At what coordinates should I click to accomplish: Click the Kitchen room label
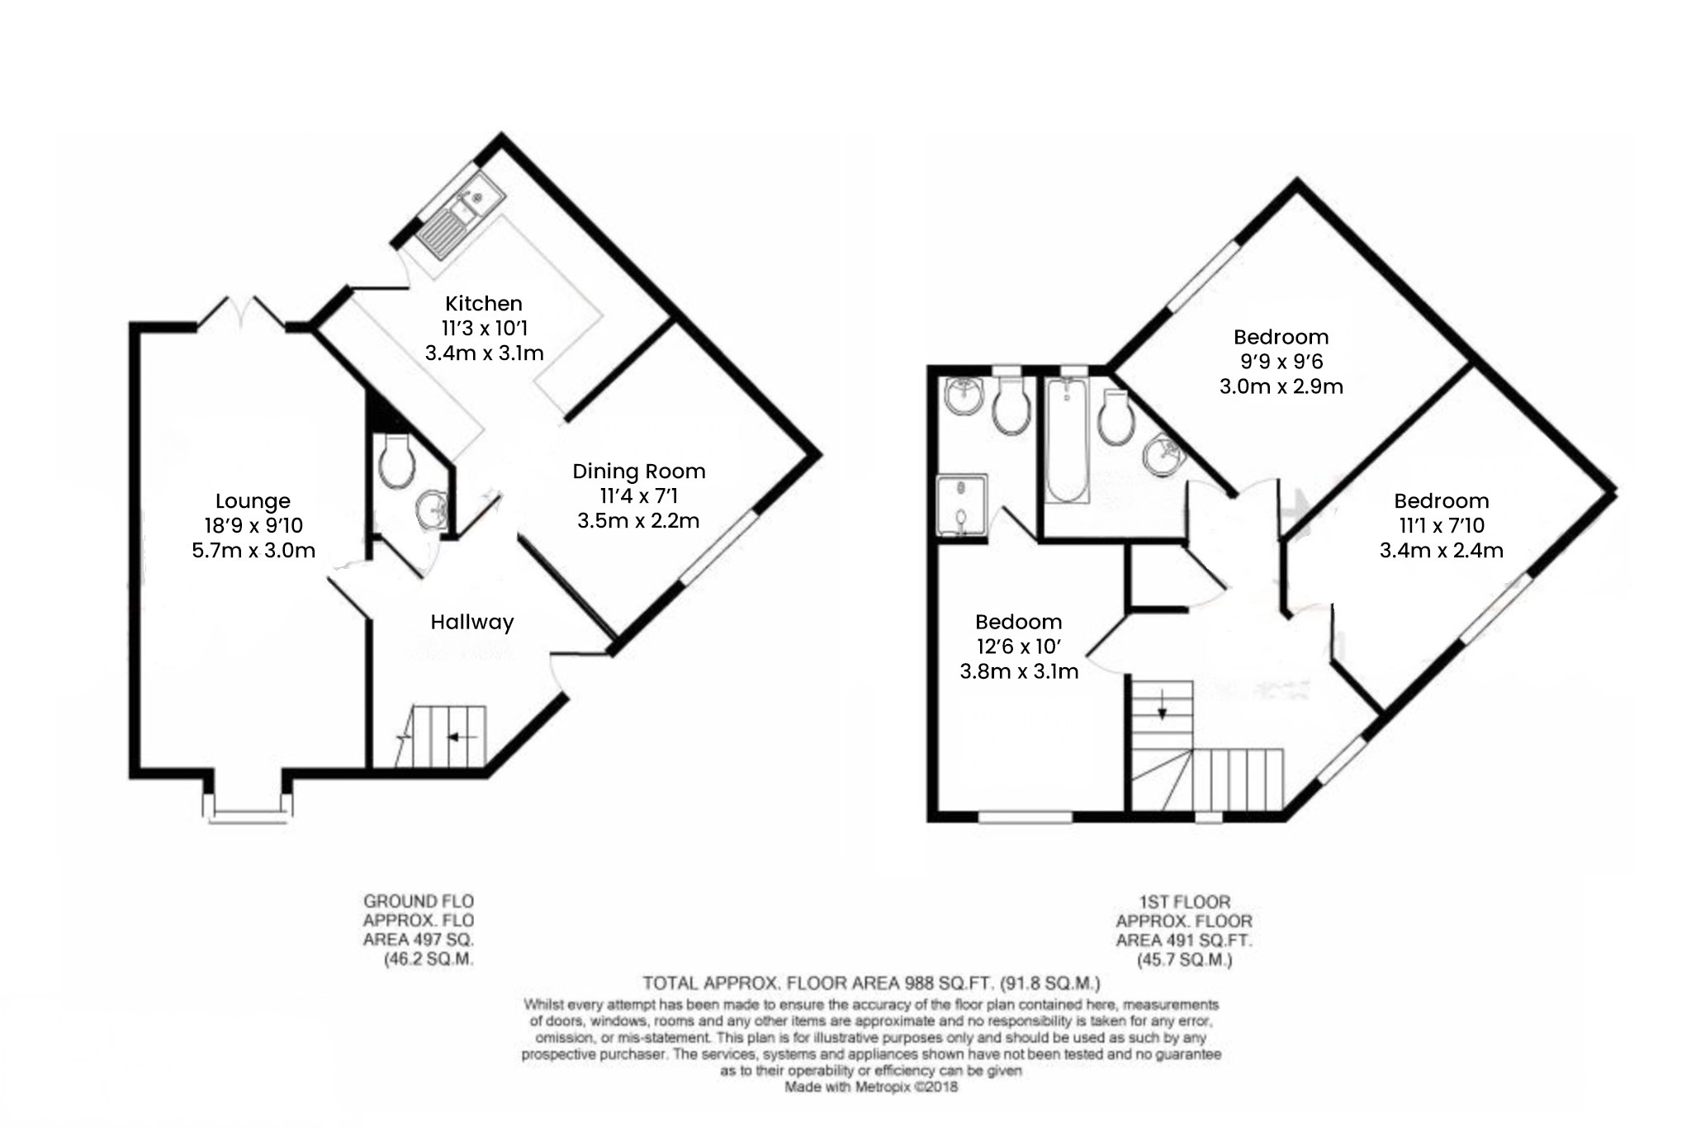click(x=483, y=303)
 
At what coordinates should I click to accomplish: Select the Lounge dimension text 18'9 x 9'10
click(x=253, y=525)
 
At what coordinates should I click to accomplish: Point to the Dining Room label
click(x=638, y=472)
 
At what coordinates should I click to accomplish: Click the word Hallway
click(x=471, y=622)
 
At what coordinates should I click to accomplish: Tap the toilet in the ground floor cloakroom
click(x=396, y=462)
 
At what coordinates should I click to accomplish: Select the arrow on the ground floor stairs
click(x=461, y=737)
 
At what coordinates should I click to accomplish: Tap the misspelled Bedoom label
click(x=1018, y=622)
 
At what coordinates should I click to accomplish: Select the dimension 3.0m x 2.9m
click(x=1281, y=386)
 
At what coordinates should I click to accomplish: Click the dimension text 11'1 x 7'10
click(x=1441, y=525)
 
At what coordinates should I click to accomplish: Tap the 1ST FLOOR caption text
click(x=1184, y=902)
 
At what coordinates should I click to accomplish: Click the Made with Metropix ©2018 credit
click(x=871, y=1087)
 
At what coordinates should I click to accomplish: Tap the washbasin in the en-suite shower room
click(x=963, y=397)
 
